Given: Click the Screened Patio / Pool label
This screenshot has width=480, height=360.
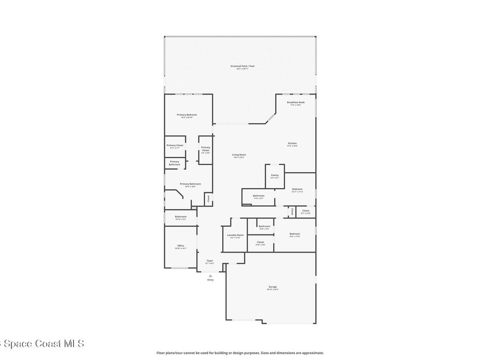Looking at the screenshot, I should tap(242, 66).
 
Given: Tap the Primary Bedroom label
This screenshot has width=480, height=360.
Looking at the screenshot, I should tap(187, 115).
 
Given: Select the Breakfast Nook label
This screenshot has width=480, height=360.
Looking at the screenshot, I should tap(296, 102).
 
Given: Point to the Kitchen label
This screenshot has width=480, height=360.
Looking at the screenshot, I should tap(292, 143).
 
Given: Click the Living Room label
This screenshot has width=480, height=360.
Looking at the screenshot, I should tap(239, 155).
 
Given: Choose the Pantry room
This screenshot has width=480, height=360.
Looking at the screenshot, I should tap(275, 176).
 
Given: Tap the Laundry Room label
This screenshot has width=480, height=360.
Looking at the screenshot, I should tap(235, 235).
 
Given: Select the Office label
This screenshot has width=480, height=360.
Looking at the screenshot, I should tap(180, 246).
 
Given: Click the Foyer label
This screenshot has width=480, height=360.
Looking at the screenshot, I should tap(210, 261).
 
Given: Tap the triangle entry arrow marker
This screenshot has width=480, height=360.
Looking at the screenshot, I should tap(210, 276).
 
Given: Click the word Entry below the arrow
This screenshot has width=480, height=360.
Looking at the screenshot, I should tap(210, 280).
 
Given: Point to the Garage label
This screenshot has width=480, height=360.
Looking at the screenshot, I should tap(272, 287).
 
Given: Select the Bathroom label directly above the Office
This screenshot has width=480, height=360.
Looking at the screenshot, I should tap(180, 217).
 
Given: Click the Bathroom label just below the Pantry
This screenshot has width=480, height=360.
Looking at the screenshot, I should tap(259, 196).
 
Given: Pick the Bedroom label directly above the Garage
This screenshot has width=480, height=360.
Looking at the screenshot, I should tap(294, 234).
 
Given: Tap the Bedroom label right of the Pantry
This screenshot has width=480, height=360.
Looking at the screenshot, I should tap(298, 189).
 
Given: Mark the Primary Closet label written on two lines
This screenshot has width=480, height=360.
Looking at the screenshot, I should tap(205, 150).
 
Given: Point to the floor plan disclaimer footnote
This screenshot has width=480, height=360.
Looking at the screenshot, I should tap(240, 353).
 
